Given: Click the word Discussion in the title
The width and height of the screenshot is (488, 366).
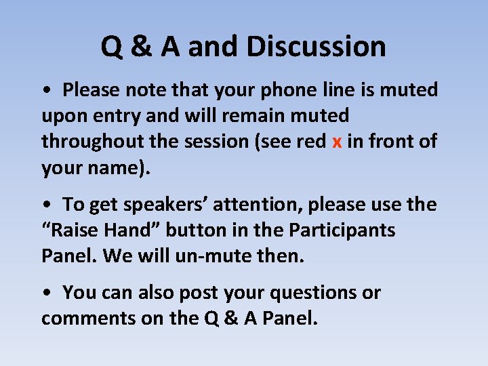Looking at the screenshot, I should (x=316, y=47).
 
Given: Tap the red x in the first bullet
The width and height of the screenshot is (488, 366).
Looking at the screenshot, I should (x=337, y=142).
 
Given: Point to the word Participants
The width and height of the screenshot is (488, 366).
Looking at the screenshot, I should (x=342, y=230).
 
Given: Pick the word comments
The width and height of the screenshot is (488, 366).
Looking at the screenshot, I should (x=88, y=319).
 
